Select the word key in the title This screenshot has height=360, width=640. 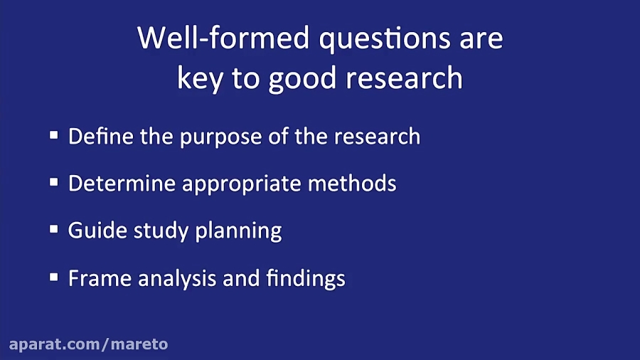(x=200, y=78)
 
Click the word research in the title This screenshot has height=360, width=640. (x=402, y=78)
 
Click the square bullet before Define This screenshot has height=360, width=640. (x=54, y=135)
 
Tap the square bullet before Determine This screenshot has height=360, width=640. (x=54, y=183)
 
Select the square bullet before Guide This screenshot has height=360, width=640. (x=54, y=230)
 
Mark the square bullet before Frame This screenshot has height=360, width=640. (x=54, y=277)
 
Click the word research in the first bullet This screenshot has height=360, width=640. (x=376, y=136)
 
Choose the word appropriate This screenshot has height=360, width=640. (x=242, y=184)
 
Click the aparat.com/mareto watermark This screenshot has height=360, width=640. (x=88, y=344)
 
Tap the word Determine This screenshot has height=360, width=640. (x=122, y=183)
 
